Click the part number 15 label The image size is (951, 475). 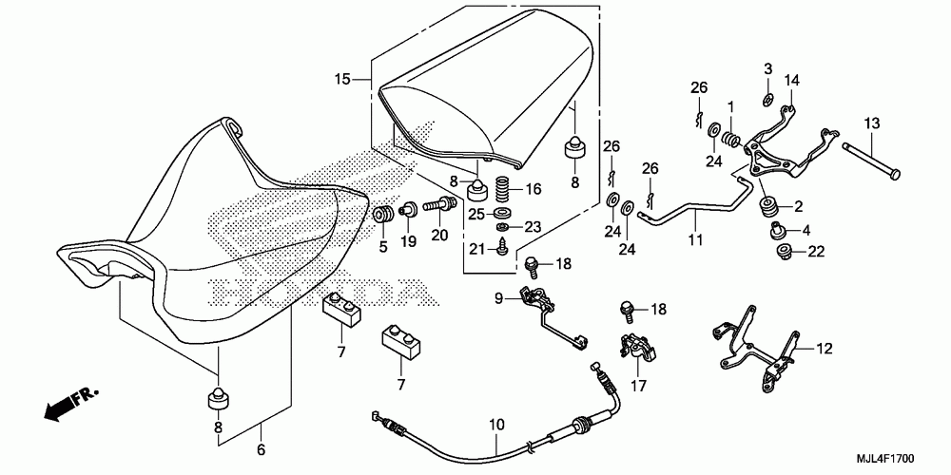point(342,79)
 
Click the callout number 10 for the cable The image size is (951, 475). point(496,425)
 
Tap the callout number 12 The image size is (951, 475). point(825,349)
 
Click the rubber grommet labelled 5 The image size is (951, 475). point(382,215)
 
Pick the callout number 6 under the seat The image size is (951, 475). point(262,449)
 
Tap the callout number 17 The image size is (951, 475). point(639,385)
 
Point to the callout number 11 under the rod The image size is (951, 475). point(695,239)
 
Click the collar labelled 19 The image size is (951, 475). point(408,210)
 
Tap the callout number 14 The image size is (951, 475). point(792,80)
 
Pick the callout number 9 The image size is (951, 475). point(498,298)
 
